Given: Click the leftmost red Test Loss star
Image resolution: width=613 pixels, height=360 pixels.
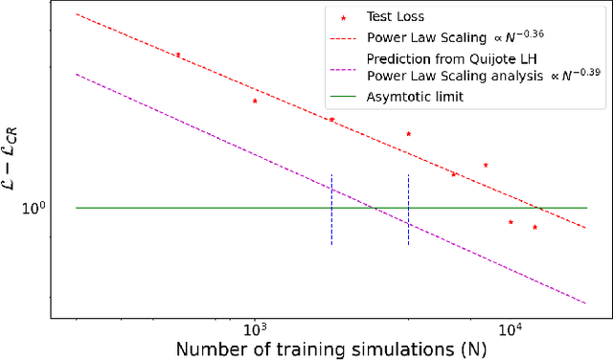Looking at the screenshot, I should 177,55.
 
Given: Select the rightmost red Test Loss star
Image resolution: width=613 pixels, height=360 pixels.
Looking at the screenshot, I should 535,227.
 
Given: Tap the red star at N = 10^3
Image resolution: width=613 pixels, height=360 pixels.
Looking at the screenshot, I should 255,101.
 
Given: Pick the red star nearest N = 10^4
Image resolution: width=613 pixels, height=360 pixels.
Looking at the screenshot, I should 511,222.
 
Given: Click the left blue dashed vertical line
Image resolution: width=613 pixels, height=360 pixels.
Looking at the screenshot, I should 331,210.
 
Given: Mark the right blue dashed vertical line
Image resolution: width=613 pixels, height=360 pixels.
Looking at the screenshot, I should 409,210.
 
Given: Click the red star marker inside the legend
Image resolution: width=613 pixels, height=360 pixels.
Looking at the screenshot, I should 344,17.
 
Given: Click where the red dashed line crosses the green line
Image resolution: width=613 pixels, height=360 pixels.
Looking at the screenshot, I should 542,208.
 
